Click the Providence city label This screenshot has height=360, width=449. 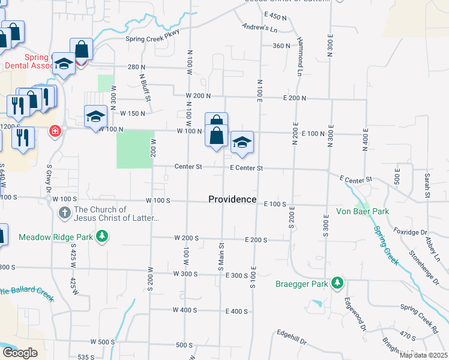click(x=232, y=199)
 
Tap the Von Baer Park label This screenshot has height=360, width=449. click(x=363, y=211)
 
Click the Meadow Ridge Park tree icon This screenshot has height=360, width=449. click(x=103, y=237)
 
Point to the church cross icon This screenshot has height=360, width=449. click(x=65, y=213)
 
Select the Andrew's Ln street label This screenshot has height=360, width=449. click(x=259, y=28)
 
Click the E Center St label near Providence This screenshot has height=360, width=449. click(x=247, y=168)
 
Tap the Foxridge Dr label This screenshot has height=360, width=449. click(x=411, y=232)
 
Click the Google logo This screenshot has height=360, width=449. click(x=20, y=353)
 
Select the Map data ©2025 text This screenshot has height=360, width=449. click(x=423, y=355)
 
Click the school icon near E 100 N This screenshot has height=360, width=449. click(x=241, y=143)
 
